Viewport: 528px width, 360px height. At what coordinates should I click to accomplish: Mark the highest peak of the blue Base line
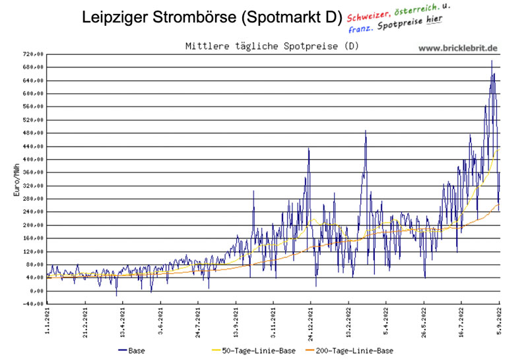[491, 61]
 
